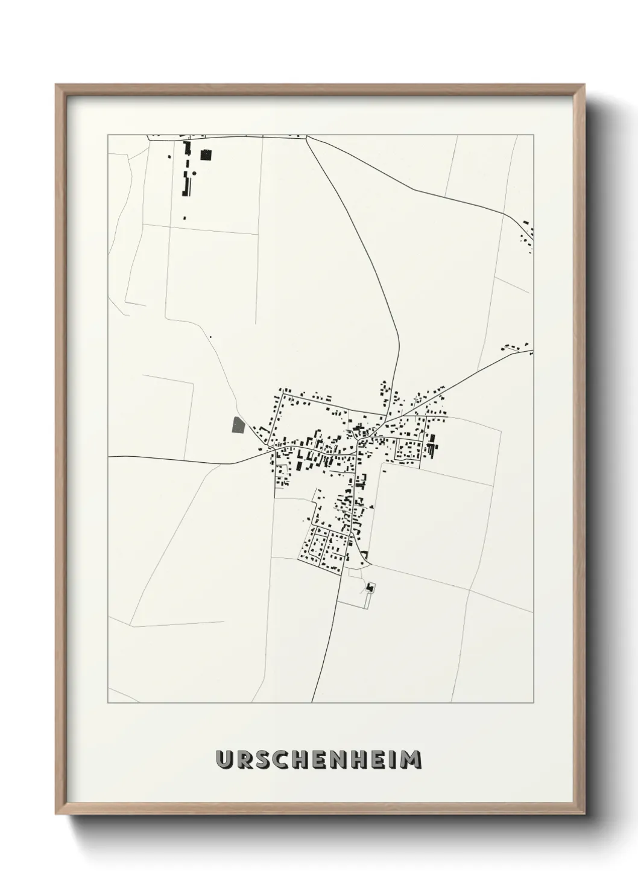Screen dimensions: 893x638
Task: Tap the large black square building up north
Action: coord(207,155)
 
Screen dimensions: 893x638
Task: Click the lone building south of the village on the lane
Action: coord(370,586)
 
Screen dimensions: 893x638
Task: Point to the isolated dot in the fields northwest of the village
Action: coord(210,337)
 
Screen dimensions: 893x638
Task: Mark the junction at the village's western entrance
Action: coord(274,449)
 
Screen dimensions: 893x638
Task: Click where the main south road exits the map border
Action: coord(312,702)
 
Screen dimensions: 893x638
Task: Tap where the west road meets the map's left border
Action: coord(109,457)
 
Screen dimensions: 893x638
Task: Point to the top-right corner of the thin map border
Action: coord(534,135)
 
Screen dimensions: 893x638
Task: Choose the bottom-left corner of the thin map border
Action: coord(108,703)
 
